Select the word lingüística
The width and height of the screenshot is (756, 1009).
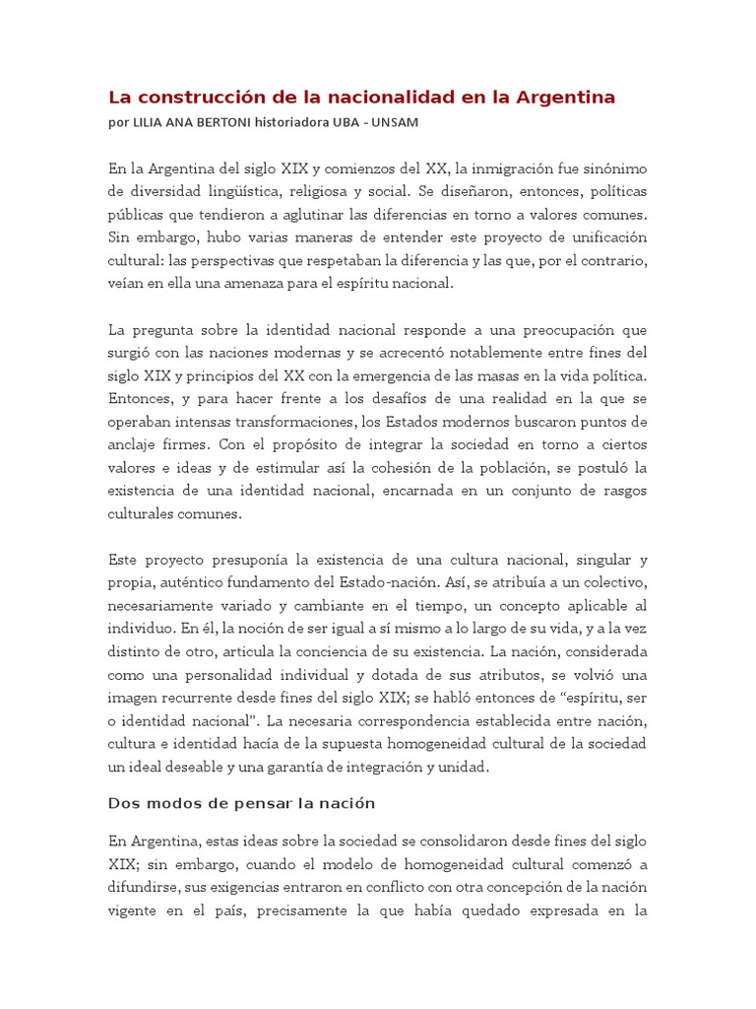point(242,190)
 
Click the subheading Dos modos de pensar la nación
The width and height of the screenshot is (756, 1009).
point(241,803)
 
